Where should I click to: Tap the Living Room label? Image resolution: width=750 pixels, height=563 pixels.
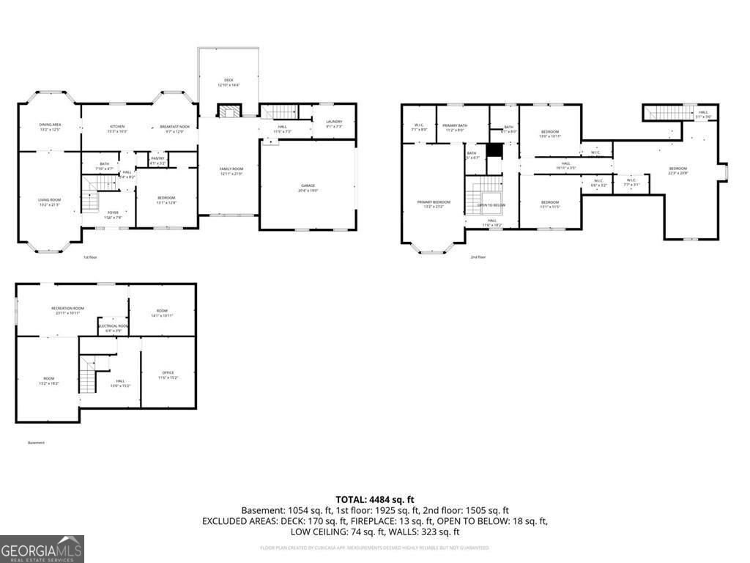(49, 201)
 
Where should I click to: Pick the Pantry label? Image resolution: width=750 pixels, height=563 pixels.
(157, 161)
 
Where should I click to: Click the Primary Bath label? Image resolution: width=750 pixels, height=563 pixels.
(454, 127)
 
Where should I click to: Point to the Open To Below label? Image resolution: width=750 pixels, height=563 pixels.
(491, 205)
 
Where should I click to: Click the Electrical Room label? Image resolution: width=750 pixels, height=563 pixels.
(114, 327)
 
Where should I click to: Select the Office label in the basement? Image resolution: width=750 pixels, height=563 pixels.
(167, 374)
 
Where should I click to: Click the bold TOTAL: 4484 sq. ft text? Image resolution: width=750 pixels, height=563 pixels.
(375, 499)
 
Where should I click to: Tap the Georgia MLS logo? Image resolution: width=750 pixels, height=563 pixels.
(42, 548)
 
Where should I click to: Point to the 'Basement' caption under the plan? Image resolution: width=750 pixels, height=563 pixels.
(37, 443)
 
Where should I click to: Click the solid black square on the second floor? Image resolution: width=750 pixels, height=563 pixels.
(496, 150)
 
